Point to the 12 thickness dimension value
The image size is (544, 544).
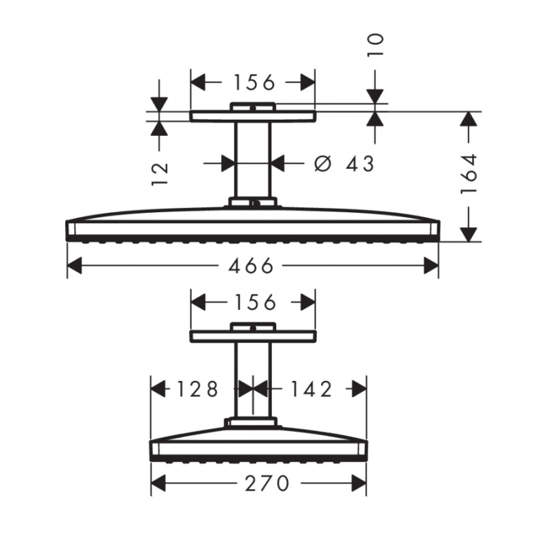(x=160, y=174)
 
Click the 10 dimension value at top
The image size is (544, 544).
(x=375, y=44)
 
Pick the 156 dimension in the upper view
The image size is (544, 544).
(x=253, y=82)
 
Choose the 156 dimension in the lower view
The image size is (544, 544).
(x=253, y=301)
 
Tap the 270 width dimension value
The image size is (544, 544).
(x=258, y=483)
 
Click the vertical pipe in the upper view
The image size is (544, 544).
(x=252, y=160)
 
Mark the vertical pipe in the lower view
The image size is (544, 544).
(x=252, y=381)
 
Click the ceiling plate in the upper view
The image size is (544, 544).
(x=252, y=116)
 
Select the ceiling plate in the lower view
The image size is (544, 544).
(x=252, y=337)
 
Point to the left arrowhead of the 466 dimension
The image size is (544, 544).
(x=73, y=266)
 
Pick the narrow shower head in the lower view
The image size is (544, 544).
(x=258, y=445)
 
